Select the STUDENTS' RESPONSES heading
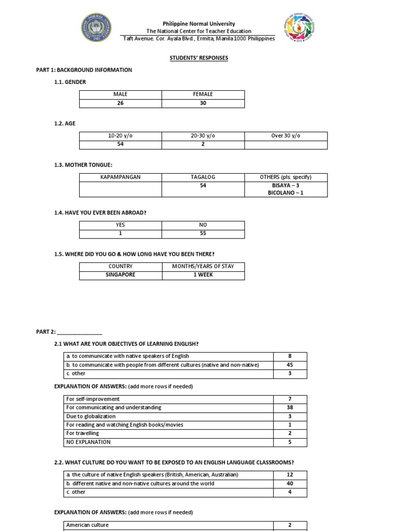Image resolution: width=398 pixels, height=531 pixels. point(199,58)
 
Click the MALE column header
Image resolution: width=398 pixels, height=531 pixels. point(120,94)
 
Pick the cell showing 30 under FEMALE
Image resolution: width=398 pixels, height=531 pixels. point(203,103)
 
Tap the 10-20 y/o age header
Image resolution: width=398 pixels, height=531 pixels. point(120,136)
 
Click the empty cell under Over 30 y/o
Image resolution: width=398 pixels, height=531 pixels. point(286,145)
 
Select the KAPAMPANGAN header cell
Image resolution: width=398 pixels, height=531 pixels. point(120,177)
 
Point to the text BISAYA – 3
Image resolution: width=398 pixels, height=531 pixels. point(286,185)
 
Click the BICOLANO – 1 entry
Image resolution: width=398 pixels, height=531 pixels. point(286,193)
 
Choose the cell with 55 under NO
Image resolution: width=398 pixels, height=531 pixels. point(203,234)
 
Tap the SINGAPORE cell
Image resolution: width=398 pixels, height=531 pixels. point(120,275)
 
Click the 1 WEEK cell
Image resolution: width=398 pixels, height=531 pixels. point(203,275)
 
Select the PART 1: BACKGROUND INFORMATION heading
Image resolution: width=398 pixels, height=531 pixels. point(84,70)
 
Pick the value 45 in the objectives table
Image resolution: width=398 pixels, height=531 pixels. point(290,365)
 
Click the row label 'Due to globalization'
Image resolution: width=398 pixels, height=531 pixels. point(91,416)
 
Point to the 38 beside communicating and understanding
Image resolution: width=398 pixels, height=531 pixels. point(290,408)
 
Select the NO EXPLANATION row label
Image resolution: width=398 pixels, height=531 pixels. point(88,442)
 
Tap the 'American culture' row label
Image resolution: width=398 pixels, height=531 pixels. point(87,525)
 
